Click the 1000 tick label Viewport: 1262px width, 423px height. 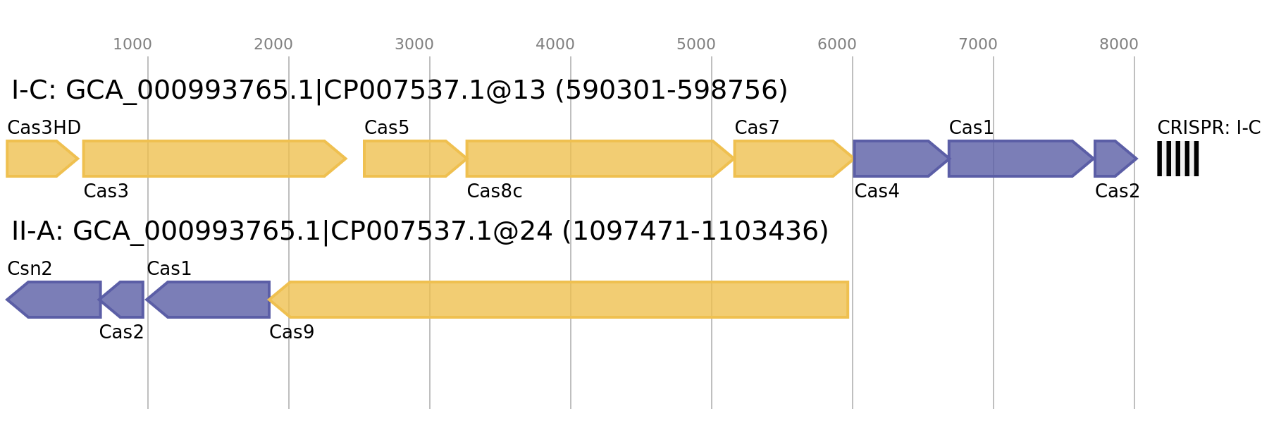click(132, 44)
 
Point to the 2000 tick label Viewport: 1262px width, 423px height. click(273, 44)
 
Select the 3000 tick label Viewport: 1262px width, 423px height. click(414, 44)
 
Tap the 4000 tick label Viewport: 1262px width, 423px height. click(555, 44)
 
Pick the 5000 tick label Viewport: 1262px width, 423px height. click(696, 44)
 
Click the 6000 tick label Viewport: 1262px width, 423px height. click(837, 44)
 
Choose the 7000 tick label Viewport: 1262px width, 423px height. click(978, 44)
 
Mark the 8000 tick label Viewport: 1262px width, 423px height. click(1119, 44)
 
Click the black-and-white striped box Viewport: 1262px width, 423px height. click(1177, 159)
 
